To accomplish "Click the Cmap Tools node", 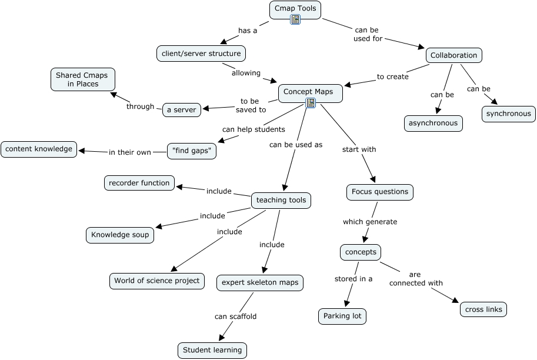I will (x=295, y=9).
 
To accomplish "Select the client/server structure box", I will (x=201, y=54).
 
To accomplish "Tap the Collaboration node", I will (x=453, y=55).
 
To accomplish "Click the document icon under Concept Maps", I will (x=311, y=103).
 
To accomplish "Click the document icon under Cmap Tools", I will (x=295, y=20).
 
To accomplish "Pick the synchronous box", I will (x=508, y=114).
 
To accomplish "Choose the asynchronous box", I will (x=433, y=123).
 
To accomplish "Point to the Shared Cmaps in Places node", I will (x=82, y=79).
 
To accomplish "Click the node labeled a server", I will (x=181, y=109).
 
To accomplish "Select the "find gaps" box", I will (x=192, y=151).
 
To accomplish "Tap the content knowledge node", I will (x=39, y=149).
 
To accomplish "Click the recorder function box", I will (x=139, y=183).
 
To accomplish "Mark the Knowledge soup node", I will (x=120, y=235).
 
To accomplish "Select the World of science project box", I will (x=157, y=281).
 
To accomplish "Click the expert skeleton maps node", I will (x=260, y=282).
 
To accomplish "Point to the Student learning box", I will (x=212, y=350).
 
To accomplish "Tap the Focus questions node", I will (x=379, y=192).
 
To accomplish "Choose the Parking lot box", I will (x=342, y=316).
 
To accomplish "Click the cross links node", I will (x=483, y=309).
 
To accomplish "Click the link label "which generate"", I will (x=370, y=222).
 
